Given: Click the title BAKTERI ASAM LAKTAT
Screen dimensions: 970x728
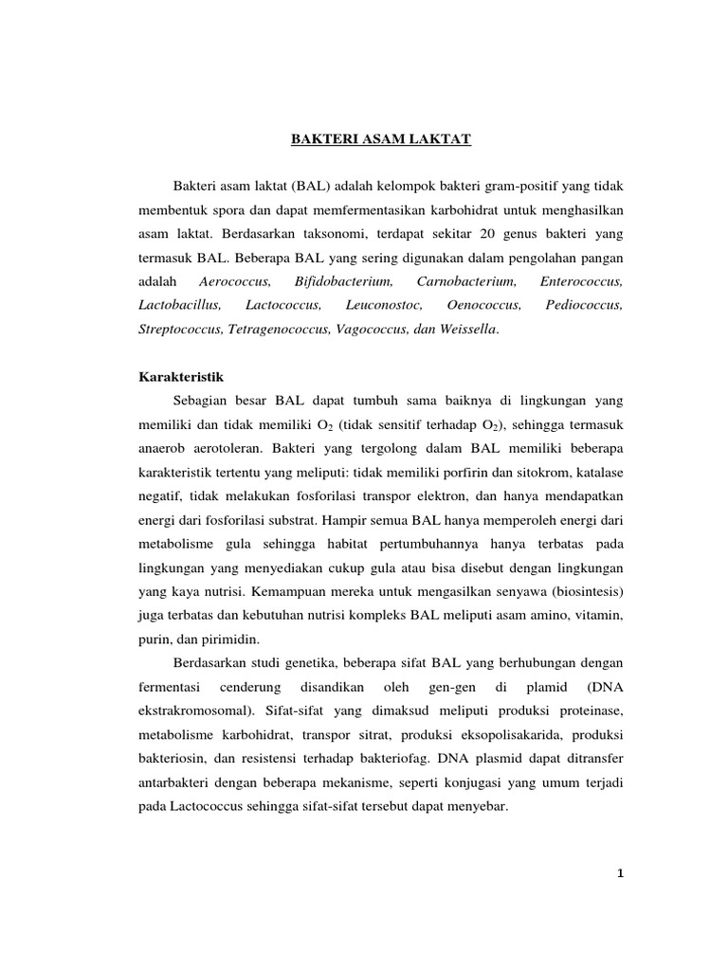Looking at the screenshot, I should pyautogui.click(x=379, y=140).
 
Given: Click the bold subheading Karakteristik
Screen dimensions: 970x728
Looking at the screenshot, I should pyautogui.click(x=165, y=376).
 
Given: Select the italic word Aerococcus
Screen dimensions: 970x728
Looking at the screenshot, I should pyautogui.click(x=236, y=281).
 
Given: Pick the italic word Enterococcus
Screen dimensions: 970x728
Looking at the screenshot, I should pyautogui.click(x=581, y=281).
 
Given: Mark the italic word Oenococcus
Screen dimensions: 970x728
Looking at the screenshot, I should pyautogui.click(x=483, y=305).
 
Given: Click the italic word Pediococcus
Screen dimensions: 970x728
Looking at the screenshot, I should pyautogui.click(x=584, y=305).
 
